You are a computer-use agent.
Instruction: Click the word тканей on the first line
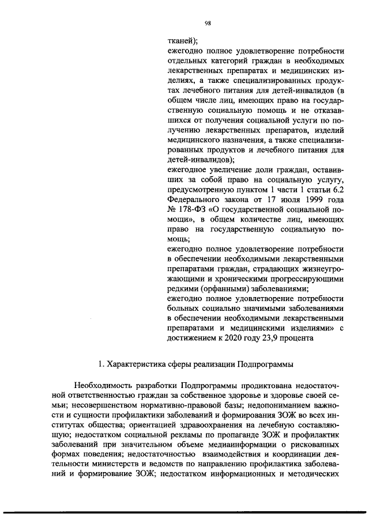point(179,40)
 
